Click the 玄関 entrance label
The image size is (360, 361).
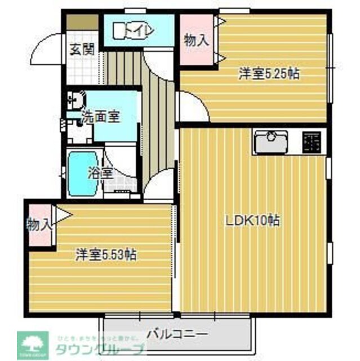pos(82,48)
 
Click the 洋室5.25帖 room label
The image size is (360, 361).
pos(268,73)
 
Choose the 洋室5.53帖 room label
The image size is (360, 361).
pos(106,255)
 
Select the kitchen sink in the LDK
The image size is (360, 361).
pos(270,142)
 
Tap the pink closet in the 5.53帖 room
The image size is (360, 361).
pos(39,224)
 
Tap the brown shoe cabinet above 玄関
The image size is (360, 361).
pos(82,24)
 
